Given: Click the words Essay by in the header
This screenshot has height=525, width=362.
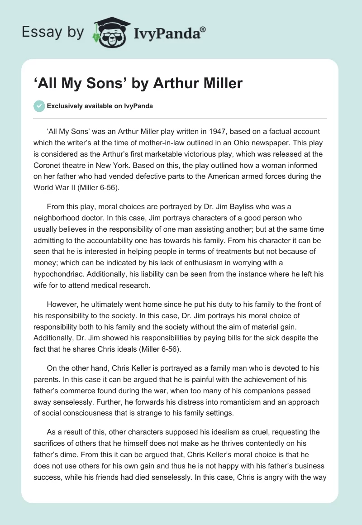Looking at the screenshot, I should point(52,32).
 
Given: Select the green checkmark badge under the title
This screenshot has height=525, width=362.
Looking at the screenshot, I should point(39,106).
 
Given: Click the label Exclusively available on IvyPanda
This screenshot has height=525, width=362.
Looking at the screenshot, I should point(100,106).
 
